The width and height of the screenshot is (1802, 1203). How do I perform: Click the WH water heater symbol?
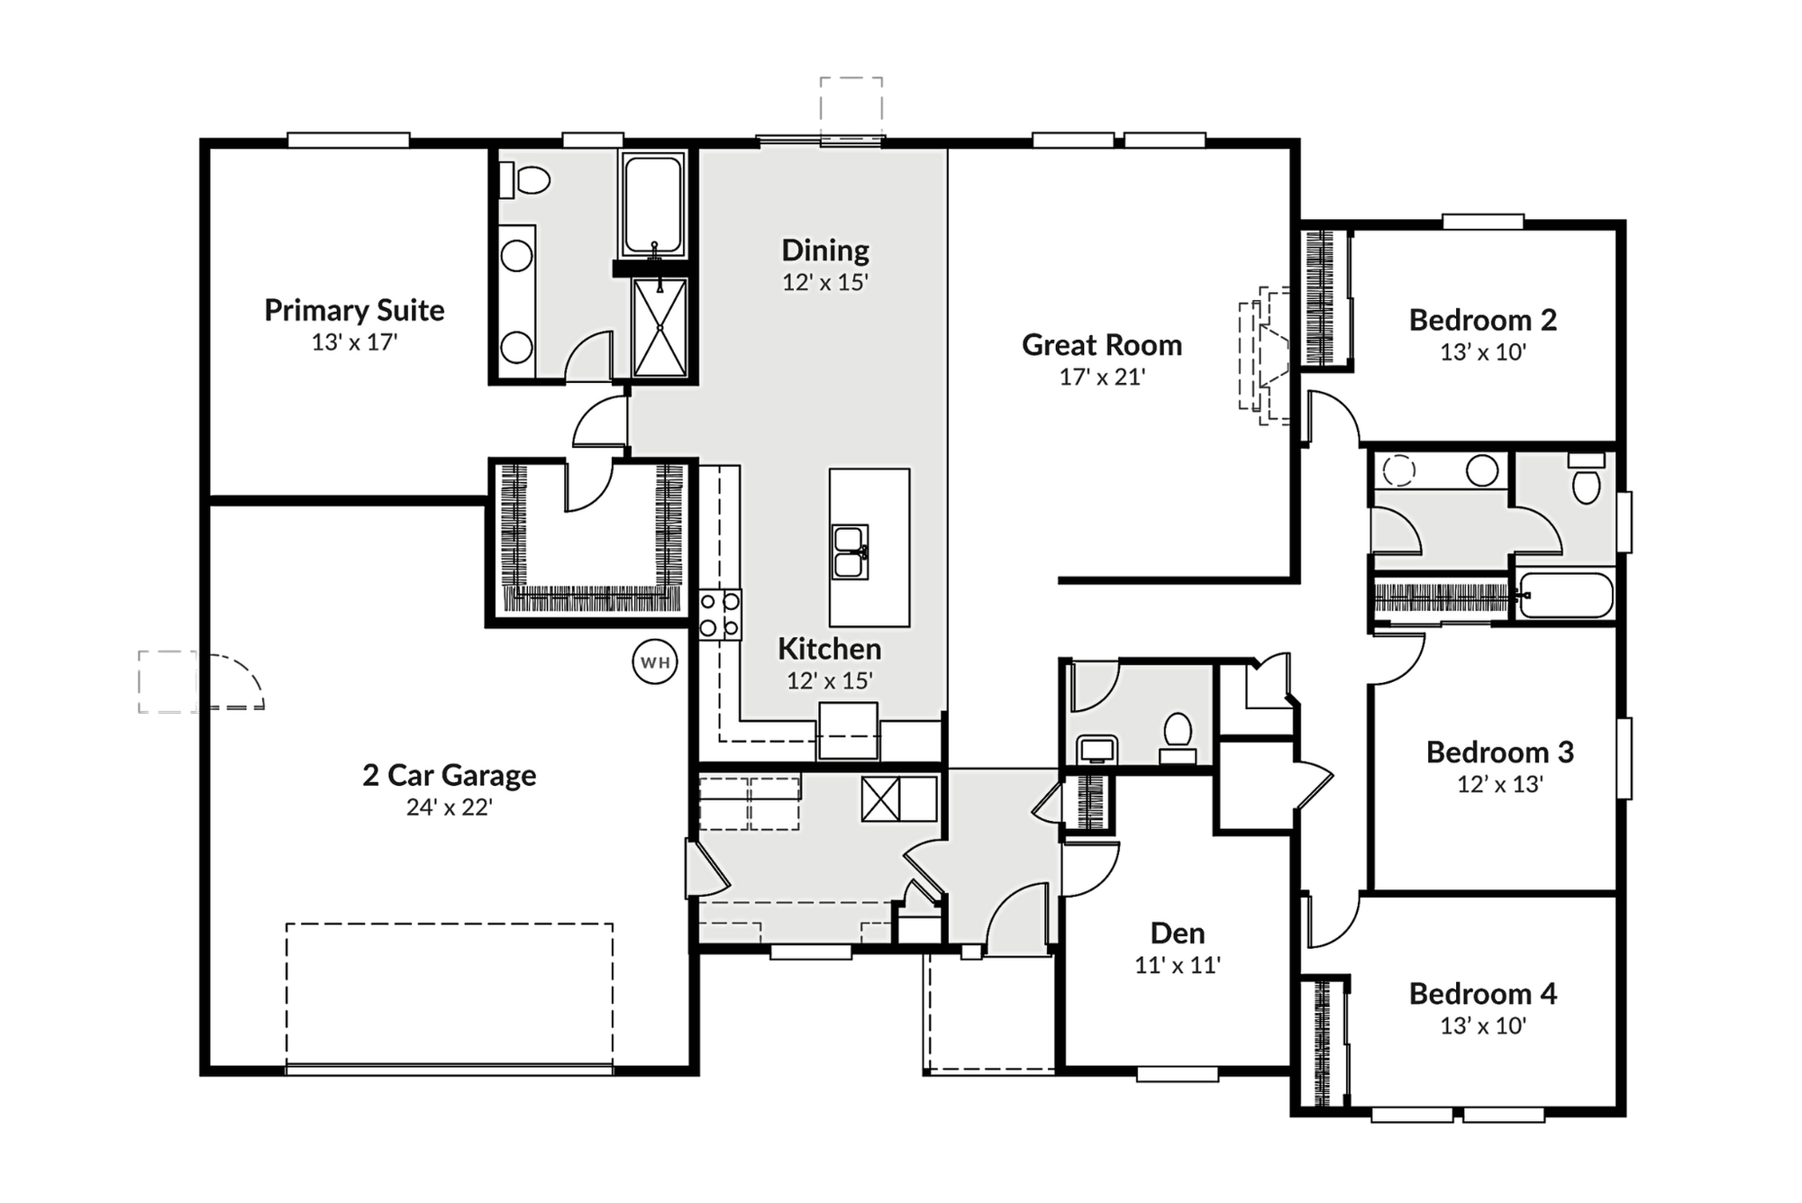(x=655, y=662)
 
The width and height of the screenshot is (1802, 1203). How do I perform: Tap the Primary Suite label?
(x=354, y=311)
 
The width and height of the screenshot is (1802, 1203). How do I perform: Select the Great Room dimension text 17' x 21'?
(x=1102, y=377)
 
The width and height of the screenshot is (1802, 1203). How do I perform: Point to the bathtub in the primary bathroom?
(x=652, y=205)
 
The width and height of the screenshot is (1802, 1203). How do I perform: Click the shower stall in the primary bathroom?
(x=660, y=327)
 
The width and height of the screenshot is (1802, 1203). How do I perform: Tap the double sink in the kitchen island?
(x=850, y=551)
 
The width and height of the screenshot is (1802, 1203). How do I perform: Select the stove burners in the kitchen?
(x=720, y=614)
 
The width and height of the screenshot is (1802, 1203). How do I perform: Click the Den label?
(x=1178, y=933)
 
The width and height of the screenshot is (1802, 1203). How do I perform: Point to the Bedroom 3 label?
(x=1500, y=752)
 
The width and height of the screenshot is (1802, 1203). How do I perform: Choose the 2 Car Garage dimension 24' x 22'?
(x=449, y=807)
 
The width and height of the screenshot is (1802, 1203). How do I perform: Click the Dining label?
(x=825, y=250)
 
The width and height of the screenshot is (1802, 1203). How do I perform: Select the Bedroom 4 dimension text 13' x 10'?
(x=1483, y=1025)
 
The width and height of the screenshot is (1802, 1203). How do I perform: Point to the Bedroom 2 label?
(x=1483, y=320)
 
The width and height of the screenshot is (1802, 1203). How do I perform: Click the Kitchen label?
(x=830, y=649)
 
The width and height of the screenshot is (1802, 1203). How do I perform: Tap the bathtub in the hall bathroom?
(x=1565, y=596)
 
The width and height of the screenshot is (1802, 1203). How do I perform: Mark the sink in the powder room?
(x=1097, y=750)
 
